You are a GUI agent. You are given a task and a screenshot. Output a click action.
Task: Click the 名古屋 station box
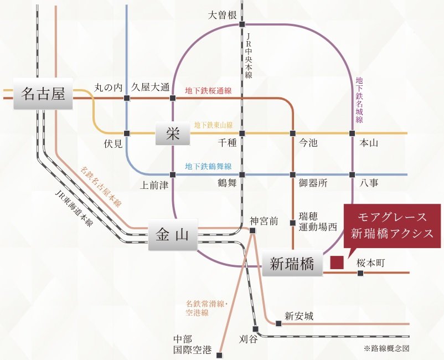43,94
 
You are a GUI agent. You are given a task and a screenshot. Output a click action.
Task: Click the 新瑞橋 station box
292,264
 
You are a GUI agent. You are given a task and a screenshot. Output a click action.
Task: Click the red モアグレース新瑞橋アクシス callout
392,225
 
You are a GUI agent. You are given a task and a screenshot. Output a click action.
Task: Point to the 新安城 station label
299,316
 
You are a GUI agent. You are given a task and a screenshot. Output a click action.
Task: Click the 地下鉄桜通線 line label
208,90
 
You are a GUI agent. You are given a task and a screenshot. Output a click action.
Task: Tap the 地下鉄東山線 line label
213,126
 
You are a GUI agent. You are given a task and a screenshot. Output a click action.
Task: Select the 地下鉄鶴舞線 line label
208,167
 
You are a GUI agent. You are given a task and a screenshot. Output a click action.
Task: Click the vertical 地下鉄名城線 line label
359,100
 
